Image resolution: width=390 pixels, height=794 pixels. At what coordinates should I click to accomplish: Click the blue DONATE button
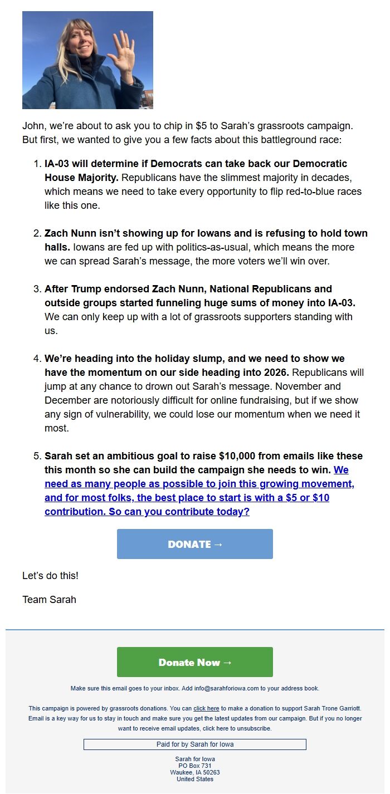click(x=195, y=544)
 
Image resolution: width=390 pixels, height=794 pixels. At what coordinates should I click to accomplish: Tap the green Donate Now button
click(x=195, y=662)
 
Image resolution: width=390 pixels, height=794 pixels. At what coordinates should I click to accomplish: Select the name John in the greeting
click(x=33, y=126)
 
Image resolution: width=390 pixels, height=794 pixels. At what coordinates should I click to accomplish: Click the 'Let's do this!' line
click(x=50, y=576)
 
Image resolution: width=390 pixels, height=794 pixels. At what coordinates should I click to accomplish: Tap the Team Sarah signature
click(x=49, y=600)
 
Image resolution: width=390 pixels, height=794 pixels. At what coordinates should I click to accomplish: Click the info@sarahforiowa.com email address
click(x=227, y=689)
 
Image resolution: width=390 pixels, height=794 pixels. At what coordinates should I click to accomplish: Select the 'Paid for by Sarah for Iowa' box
click(x=195, y=744)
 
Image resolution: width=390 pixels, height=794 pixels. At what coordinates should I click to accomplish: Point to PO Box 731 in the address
click(x=195, y=766)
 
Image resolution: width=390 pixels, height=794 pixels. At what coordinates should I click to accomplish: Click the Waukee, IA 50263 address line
click(x=195, y=773)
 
